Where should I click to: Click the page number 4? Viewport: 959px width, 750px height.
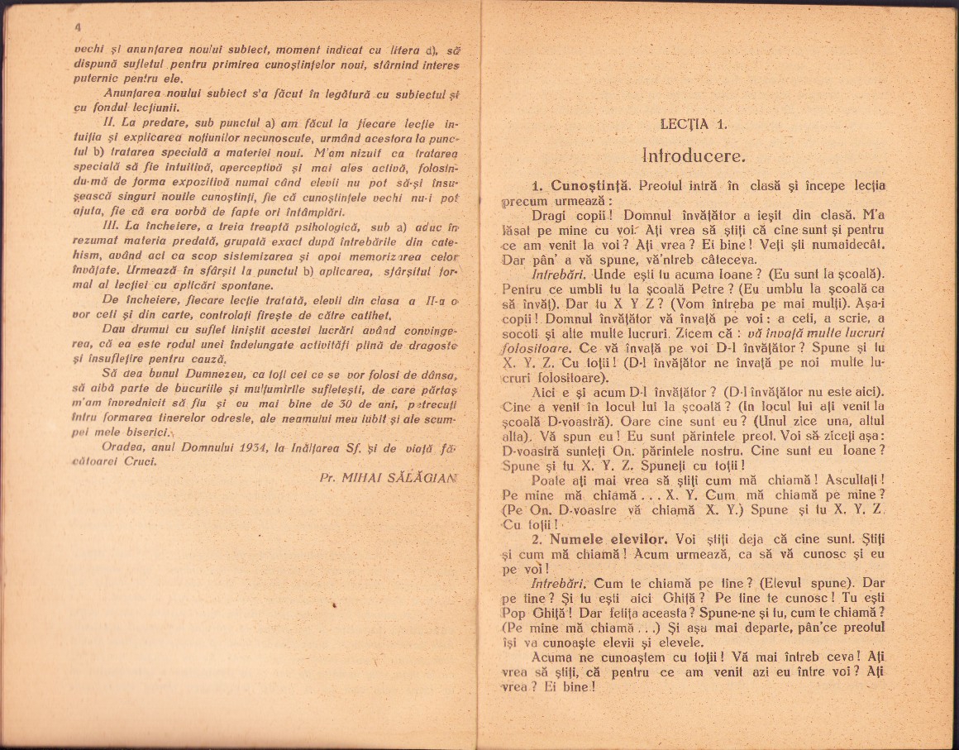(x=77, y=26)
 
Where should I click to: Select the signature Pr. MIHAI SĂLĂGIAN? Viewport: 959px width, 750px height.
(x=387, y=477)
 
